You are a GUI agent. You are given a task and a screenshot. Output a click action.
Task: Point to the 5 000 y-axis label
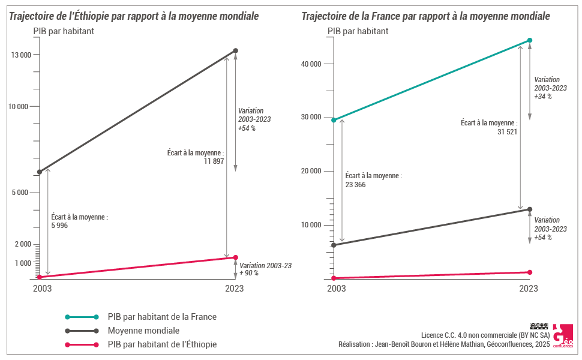coord(21,193)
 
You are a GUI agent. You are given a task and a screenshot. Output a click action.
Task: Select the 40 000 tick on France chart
coord(310,64)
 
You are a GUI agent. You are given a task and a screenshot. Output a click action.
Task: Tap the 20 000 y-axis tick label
coord(310,171)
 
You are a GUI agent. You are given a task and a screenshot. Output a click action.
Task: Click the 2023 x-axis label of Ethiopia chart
coord(235,289)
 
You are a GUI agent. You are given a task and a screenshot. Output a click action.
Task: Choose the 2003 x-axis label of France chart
coord(336,289)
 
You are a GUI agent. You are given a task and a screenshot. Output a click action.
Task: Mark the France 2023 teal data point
coord(530,40)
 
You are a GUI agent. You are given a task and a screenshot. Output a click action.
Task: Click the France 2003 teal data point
coord(334,120)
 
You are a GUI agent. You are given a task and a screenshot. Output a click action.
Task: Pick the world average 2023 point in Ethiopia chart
coord(235,50)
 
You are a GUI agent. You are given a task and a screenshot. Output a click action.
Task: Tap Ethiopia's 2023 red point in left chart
coord(235,257)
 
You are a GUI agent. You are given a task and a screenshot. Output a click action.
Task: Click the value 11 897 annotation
coord(214,161)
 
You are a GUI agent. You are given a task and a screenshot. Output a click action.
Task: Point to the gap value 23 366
coord(356,185)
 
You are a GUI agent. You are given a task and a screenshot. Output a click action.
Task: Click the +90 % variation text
coord(248,273)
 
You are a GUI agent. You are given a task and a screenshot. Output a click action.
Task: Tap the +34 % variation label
coord(542,96)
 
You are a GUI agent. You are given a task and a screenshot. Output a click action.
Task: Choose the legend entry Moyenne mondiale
coord(143,331)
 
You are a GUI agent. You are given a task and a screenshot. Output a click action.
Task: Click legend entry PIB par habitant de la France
coord(162,317)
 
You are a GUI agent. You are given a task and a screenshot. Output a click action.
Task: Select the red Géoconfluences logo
coord(562,337)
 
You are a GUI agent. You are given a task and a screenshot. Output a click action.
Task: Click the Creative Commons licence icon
coord(539,326)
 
